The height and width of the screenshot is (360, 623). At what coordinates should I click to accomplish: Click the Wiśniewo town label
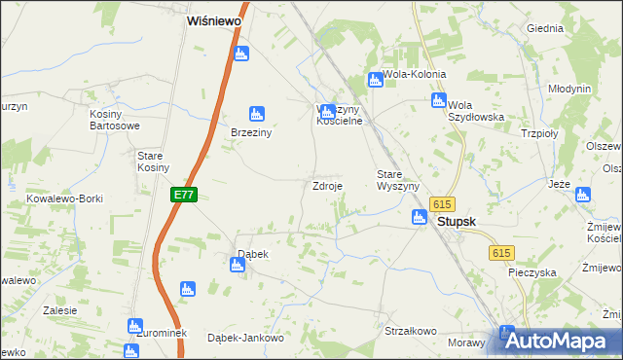point(214,18)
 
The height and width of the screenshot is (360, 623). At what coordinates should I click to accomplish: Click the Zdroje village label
point(326,186)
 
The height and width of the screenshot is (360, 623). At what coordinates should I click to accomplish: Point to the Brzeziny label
point(249,133)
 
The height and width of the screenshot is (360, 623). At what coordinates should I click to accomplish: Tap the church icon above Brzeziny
point(257,114)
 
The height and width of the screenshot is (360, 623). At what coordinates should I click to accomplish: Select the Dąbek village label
point(253,254)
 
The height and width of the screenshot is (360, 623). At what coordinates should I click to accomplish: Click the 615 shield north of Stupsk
point(443,203)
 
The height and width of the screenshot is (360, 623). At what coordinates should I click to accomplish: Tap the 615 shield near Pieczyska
point(500,253)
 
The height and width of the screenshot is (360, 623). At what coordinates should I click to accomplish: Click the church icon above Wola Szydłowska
point(439,100)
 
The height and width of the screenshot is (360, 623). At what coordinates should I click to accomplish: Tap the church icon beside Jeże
point(583,195)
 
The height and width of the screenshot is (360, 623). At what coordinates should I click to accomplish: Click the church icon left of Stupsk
point(420,218)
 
